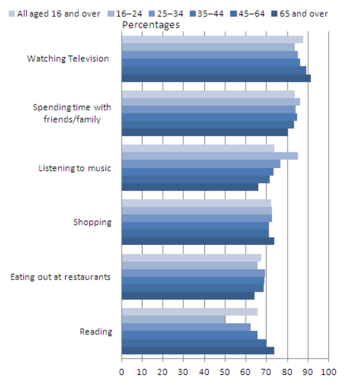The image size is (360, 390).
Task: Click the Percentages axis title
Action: click(x=150, y=25)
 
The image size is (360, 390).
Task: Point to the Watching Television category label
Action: click(x=68, y=58)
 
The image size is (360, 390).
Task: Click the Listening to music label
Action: click(x=75, y=168)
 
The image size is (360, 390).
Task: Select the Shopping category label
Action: click(x=92, y=222)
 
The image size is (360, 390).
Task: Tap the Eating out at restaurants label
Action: click(x=60, y=276)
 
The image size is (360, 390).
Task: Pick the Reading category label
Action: click(x=96, y=331)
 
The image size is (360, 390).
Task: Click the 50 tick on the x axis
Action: click(x=225, y=372)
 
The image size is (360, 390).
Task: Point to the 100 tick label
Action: click(x=328, y=372)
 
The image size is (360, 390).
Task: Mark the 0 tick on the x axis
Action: click(x=122, y=372)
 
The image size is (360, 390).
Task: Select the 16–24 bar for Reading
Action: click(x=173, y=319)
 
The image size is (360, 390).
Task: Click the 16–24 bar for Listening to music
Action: click(x=209, y=156)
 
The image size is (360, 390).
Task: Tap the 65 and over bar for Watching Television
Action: click(x=215, y=78)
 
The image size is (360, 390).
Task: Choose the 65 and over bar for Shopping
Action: click(x=197, y=241)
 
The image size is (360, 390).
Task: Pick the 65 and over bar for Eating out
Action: click(x=187, y=295)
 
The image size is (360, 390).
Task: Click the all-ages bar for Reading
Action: click(x=189, y=311)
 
